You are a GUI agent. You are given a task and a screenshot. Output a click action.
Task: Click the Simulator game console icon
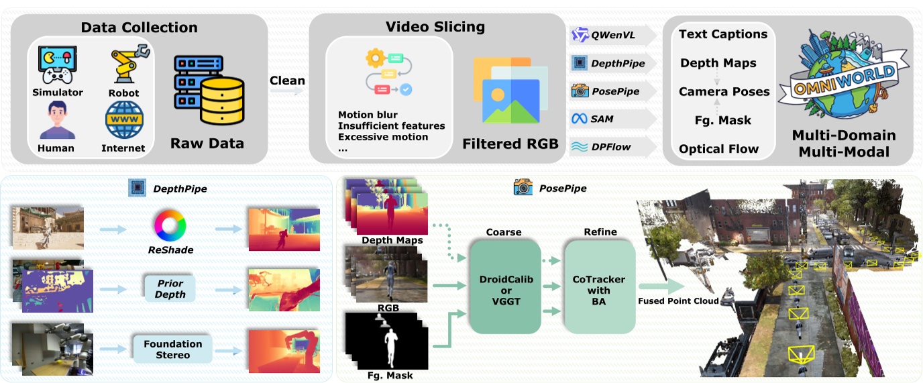(57, 64)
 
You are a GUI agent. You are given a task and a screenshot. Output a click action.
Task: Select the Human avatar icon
(56, 119)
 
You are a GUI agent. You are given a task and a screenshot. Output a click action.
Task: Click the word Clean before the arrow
(287, 80)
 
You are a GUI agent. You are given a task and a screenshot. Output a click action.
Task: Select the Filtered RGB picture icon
(510, 90)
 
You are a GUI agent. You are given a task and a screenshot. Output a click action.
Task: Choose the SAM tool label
(602, 119)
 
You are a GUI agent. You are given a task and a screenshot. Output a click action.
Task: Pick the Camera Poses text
(724, 91)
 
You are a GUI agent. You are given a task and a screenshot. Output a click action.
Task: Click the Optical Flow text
(718, 149)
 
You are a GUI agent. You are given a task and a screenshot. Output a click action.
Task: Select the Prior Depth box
(170, 289)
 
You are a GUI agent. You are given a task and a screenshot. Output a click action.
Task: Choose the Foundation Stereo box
(173, 349)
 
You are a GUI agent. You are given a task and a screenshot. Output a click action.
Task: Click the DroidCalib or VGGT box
(503, 286)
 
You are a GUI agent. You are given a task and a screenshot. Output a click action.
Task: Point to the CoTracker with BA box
(599, 286)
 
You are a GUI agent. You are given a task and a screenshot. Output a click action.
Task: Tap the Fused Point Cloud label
(678, 301)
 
